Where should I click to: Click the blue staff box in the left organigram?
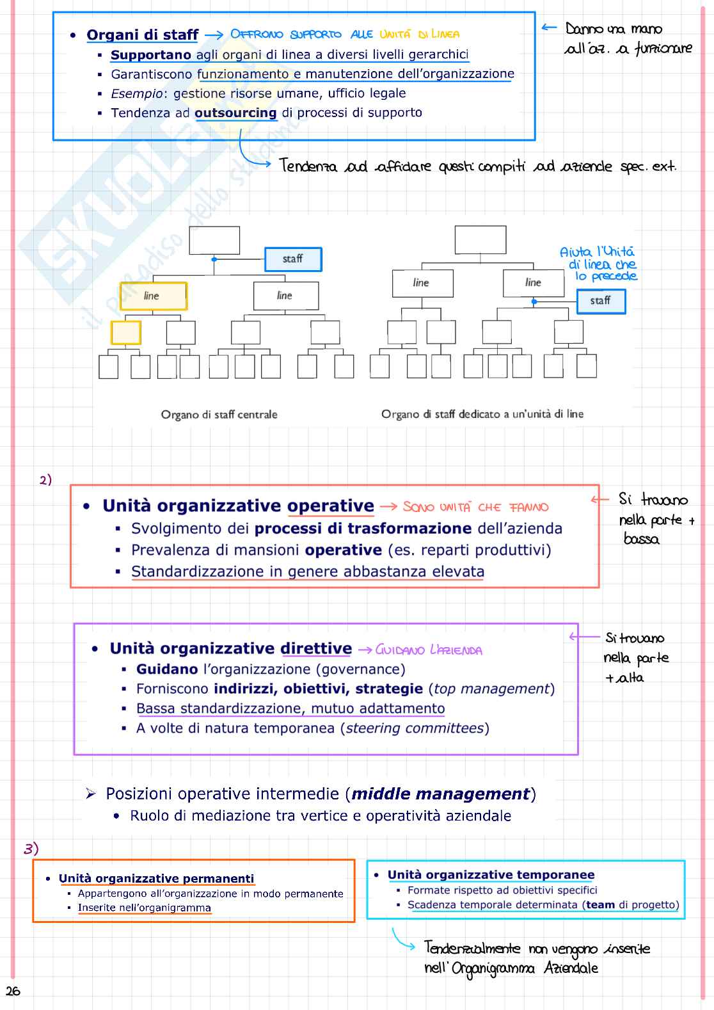(293, 259)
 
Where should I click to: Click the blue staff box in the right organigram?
(601, 301)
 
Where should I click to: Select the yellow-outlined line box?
(153, 296)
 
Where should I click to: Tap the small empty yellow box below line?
(125, 333)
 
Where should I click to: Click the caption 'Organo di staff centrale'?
(219, 415)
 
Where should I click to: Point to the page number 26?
(13, 991)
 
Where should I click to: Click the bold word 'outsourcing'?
(235, 113)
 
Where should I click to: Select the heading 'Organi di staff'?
(143, 35)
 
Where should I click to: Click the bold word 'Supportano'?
(151, 55)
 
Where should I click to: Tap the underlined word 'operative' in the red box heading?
(330, 506)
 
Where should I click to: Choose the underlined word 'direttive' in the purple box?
(316, 649)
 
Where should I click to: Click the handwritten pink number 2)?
(45, 480)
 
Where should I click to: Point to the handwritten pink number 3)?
(31, 849)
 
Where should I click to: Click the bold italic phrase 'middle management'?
(441, 794)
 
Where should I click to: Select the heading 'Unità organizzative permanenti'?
(156, 879)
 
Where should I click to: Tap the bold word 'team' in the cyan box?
(600, 905)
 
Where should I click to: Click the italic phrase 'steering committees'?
(415, 728)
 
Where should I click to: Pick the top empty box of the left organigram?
(214, 241)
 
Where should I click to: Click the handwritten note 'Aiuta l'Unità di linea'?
(598, 264)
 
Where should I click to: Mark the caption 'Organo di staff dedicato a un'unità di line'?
(482, 415)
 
